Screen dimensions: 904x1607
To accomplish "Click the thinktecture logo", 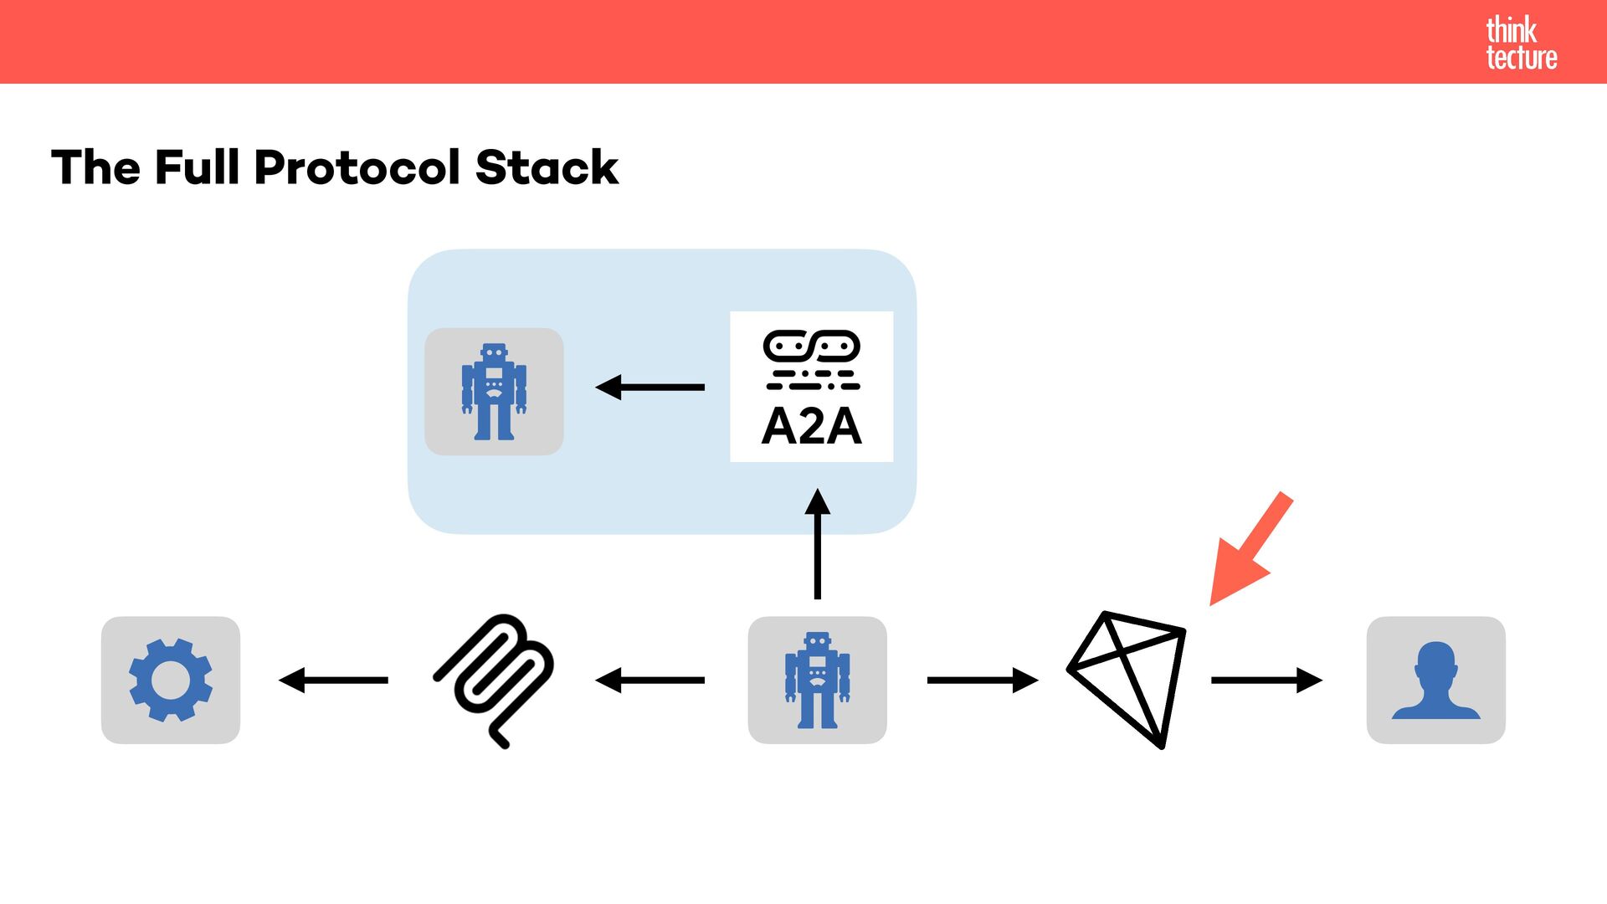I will [x=1521, y=44].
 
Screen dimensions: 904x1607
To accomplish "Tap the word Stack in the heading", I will [x=547, y=167].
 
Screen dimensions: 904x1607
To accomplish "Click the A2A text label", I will [x=811, y=426].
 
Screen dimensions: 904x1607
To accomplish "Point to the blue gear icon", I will [x=171, y=680].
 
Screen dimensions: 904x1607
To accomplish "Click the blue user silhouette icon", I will [x=1435, y=681].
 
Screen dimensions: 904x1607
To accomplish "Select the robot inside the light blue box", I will [x=494, y=392].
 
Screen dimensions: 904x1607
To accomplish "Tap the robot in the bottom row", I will [x=817, y=680].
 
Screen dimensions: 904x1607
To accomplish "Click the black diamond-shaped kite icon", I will [x=1127, y=679].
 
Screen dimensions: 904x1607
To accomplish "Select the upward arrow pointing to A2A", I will [x=817, y=544].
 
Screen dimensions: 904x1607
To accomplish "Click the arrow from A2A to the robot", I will [x=649, y=387].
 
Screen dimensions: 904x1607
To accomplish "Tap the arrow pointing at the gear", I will [x=333, y=680].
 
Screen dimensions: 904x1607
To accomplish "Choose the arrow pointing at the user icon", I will [x=1266, y=680].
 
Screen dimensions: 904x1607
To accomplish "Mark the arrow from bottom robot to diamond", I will [x=982, y=680].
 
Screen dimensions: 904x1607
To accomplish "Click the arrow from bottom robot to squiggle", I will [x=649, y=680].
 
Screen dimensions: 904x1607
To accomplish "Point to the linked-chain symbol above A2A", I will [x=811, y=345].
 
